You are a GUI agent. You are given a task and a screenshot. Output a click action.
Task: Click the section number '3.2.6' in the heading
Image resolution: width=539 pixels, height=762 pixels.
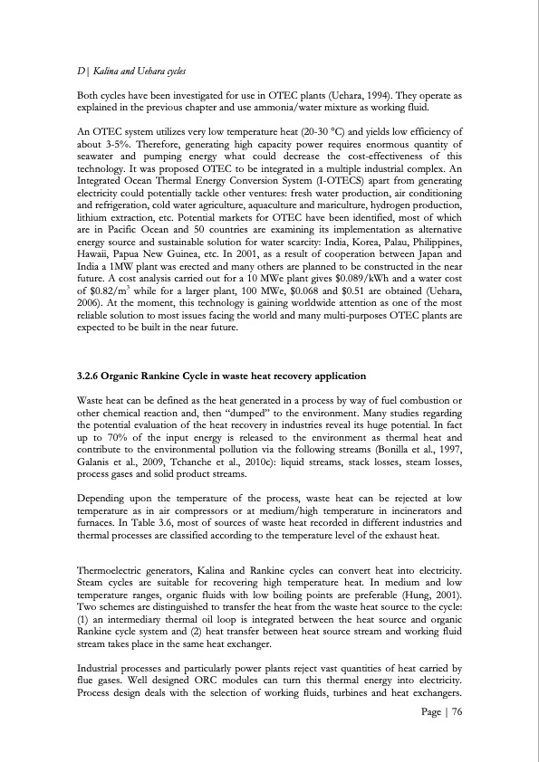(91, 375)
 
